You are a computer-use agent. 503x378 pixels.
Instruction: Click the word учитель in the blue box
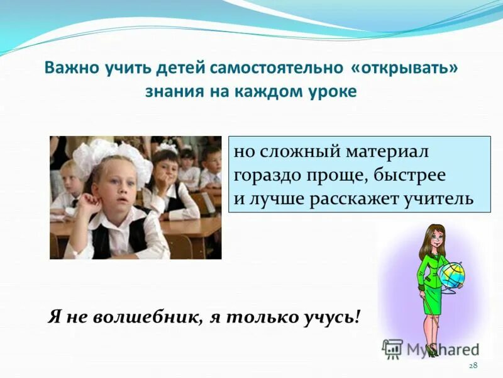pyautogui.click(x=442, y=199)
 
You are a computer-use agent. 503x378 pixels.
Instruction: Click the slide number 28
pyautogui.click(x=473, y=366)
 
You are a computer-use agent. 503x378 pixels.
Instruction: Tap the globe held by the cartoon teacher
pyautogui.click(x=451, y=276)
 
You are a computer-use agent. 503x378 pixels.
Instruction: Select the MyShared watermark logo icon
pyautogui.click(x=392, y=348)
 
